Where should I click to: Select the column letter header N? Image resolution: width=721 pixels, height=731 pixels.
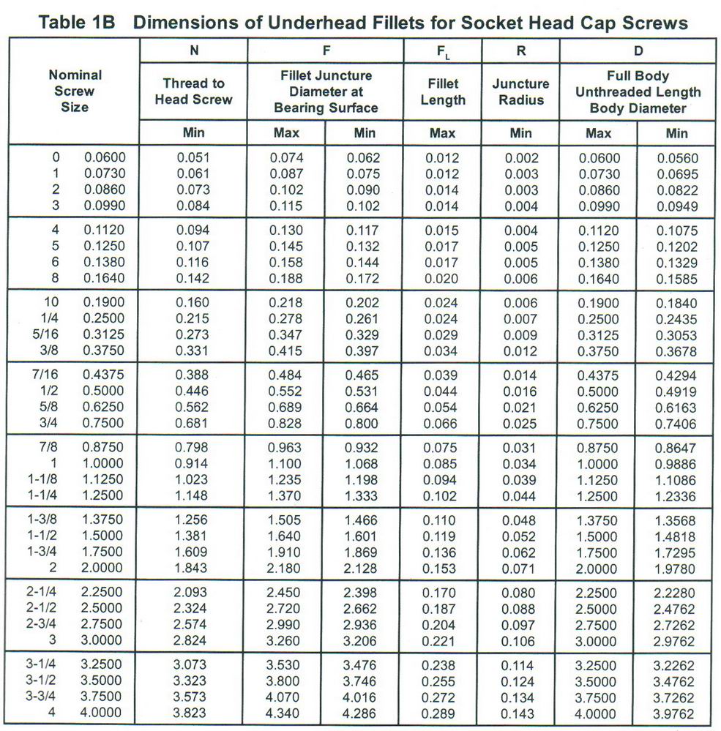(193, 51)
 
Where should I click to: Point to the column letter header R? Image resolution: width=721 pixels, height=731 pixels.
(520, 51)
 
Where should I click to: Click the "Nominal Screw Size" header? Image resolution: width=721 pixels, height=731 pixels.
(75, 91)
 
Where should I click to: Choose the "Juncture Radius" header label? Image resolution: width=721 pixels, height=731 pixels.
(520, 91)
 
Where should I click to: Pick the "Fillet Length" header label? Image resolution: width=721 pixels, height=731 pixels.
(443, 92)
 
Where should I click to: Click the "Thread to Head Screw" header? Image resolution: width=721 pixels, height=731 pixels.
(193, 91)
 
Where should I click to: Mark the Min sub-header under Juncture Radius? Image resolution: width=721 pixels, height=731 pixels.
(520, 133)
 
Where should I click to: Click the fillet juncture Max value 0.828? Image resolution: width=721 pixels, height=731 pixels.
(286, 422)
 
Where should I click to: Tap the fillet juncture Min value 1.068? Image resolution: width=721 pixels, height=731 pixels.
(363, 463)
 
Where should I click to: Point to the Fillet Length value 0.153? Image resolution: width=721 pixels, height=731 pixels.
(442, 569)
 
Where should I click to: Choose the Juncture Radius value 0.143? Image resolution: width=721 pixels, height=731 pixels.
(520, 713)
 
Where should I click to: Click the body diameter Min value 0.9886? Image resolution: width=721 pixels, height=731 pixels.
(677, 463)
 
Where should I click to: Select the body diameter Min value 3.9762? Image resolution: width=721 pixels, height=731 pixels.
(677, 713)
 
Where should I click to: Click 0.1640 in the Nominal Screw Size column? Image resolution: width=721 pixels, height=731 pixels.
(105, 278)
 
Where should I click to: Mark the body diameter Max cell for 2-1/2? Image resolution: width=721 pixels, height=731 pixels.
(599, 608)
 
